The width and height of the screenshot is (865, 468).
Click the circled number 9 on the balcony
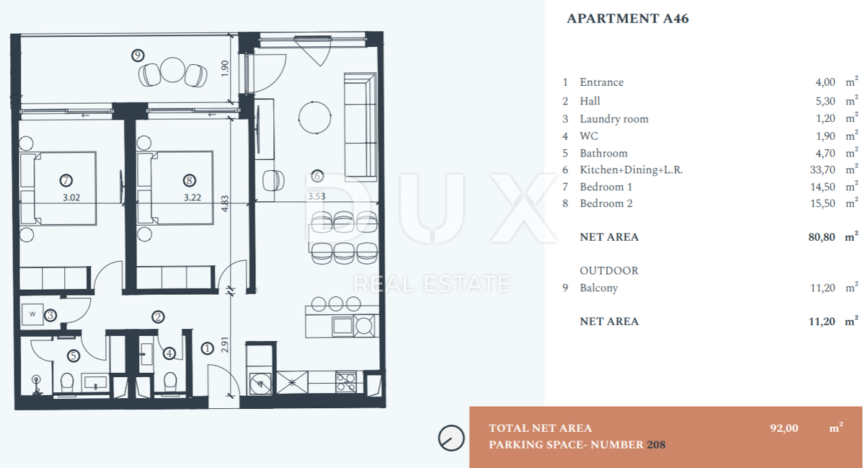tap(138, 56)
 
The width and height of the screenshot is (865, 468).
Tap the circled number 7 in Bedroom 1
tap(66, 180)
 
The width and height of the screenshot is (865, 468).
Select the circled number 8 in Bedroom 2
tap(189, 180)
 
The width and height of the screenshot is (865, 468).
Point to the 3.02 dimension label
tap(71, 198)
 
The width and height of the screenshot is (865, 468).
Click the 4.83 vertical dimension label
tap(225, 203)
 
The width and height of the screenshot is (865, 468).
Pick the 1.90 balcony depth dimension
tap(225, 69)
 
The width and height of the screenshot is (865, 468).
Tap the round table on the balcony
tap(172, 70)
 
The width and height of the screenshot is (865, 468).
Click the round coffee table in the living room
tap(315, 118)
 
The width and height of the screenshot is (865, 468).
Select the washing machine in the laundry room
tap(32, 314)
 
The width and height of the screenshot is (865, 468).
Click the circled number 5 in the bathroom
tap(74, 356)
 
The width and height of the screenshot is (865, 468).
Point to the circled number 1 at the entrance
tap(208, 348)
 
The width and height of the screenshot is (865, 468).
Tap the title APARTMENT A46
tap(628, 19)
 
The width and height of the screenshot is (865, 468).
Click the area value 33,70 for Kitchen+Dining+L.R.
tap(822, 169)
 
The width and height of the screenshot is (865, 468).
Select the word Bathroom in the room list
tap(603, 154)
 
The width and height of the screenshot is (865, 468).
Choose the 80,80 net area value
tap(822, 237)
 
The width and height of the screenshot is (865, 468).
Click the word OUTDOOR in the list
tap(609, 270)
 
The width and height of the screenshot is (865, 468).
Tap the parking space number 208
tap(656, 445)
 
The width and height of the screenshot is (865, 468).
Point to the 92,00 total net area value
tap(784, 428)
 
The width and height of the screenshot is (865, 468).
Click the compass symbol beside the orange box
tap(451, 438)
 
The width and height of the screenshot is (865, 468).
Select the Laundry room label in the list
tap(614, 119)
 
